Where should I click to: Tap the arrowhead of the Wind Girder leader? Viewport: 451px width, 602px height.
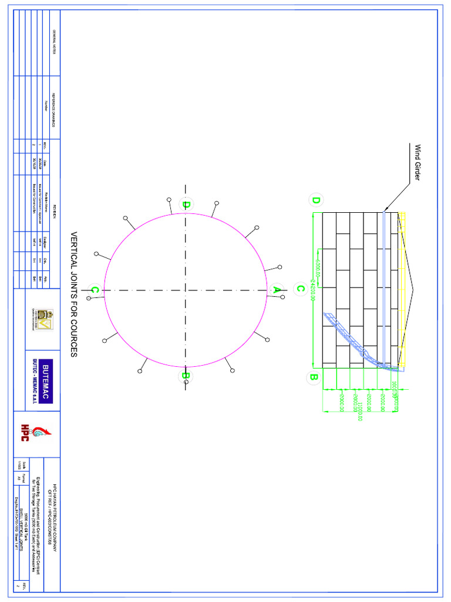(385, 210)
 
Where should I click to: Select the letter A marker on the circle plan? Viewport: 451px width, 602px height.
(276, 289)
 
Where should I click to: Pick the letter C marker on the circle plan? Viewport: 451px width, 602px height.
(94, 289)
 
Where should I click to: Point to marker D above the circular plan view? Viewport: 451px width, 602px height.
(186, 205)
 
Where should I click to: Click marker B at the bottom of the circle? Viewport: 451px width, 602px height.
(185, 375)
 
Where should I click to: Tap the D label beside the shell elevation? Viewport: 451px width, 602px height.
(316, 200)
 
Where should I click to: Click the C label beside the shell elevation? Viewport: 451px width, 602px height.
(300, 289)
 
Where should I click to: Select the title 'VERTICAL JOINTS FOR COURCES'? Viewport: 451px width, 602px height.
(74, 294)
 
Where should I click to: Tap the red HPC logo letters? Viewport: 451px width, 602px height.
(26, 432)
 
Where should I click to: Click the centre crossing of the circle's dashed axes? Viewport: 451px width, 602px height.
(186, 290)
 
